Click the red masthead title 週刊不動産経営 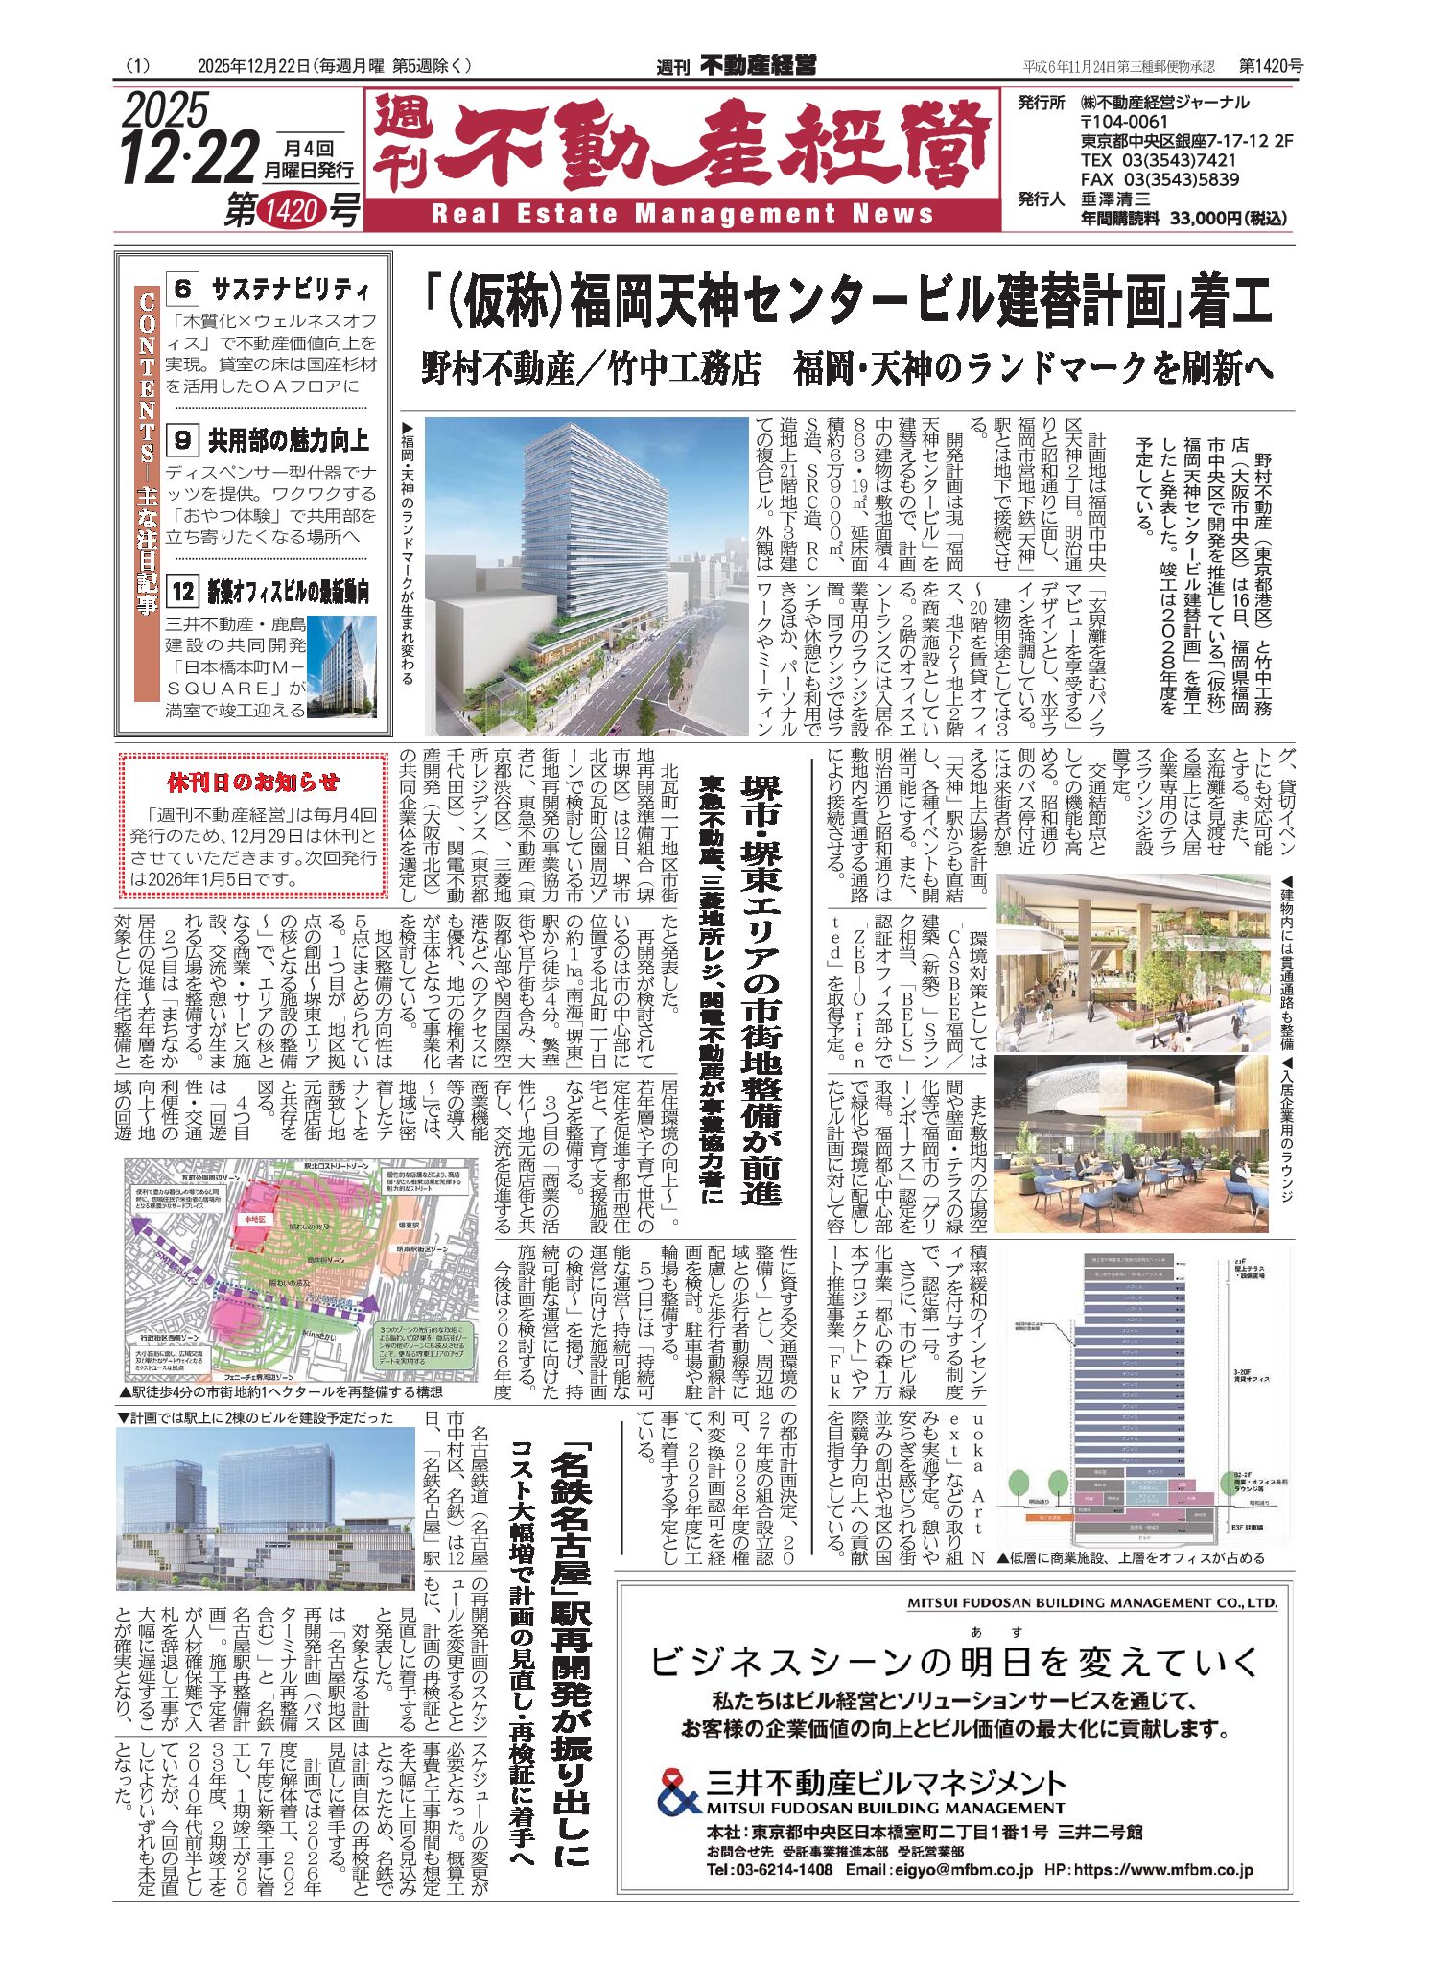(681, 145)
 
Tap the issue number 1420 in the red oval (291, 209)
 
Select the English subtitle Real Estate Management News (682, 214)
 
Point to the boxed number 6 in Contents (182, 288)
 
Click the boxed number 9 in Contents (182, 440)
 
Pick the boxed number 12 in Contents (182, 592)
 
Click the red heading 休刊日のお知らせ (253, 782)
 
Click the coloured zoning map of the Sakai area (300, 1268)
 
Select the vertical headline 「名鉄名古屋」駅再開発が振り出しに (570, 1654)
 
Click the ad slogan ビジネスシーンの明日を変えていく (953, 1661)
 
